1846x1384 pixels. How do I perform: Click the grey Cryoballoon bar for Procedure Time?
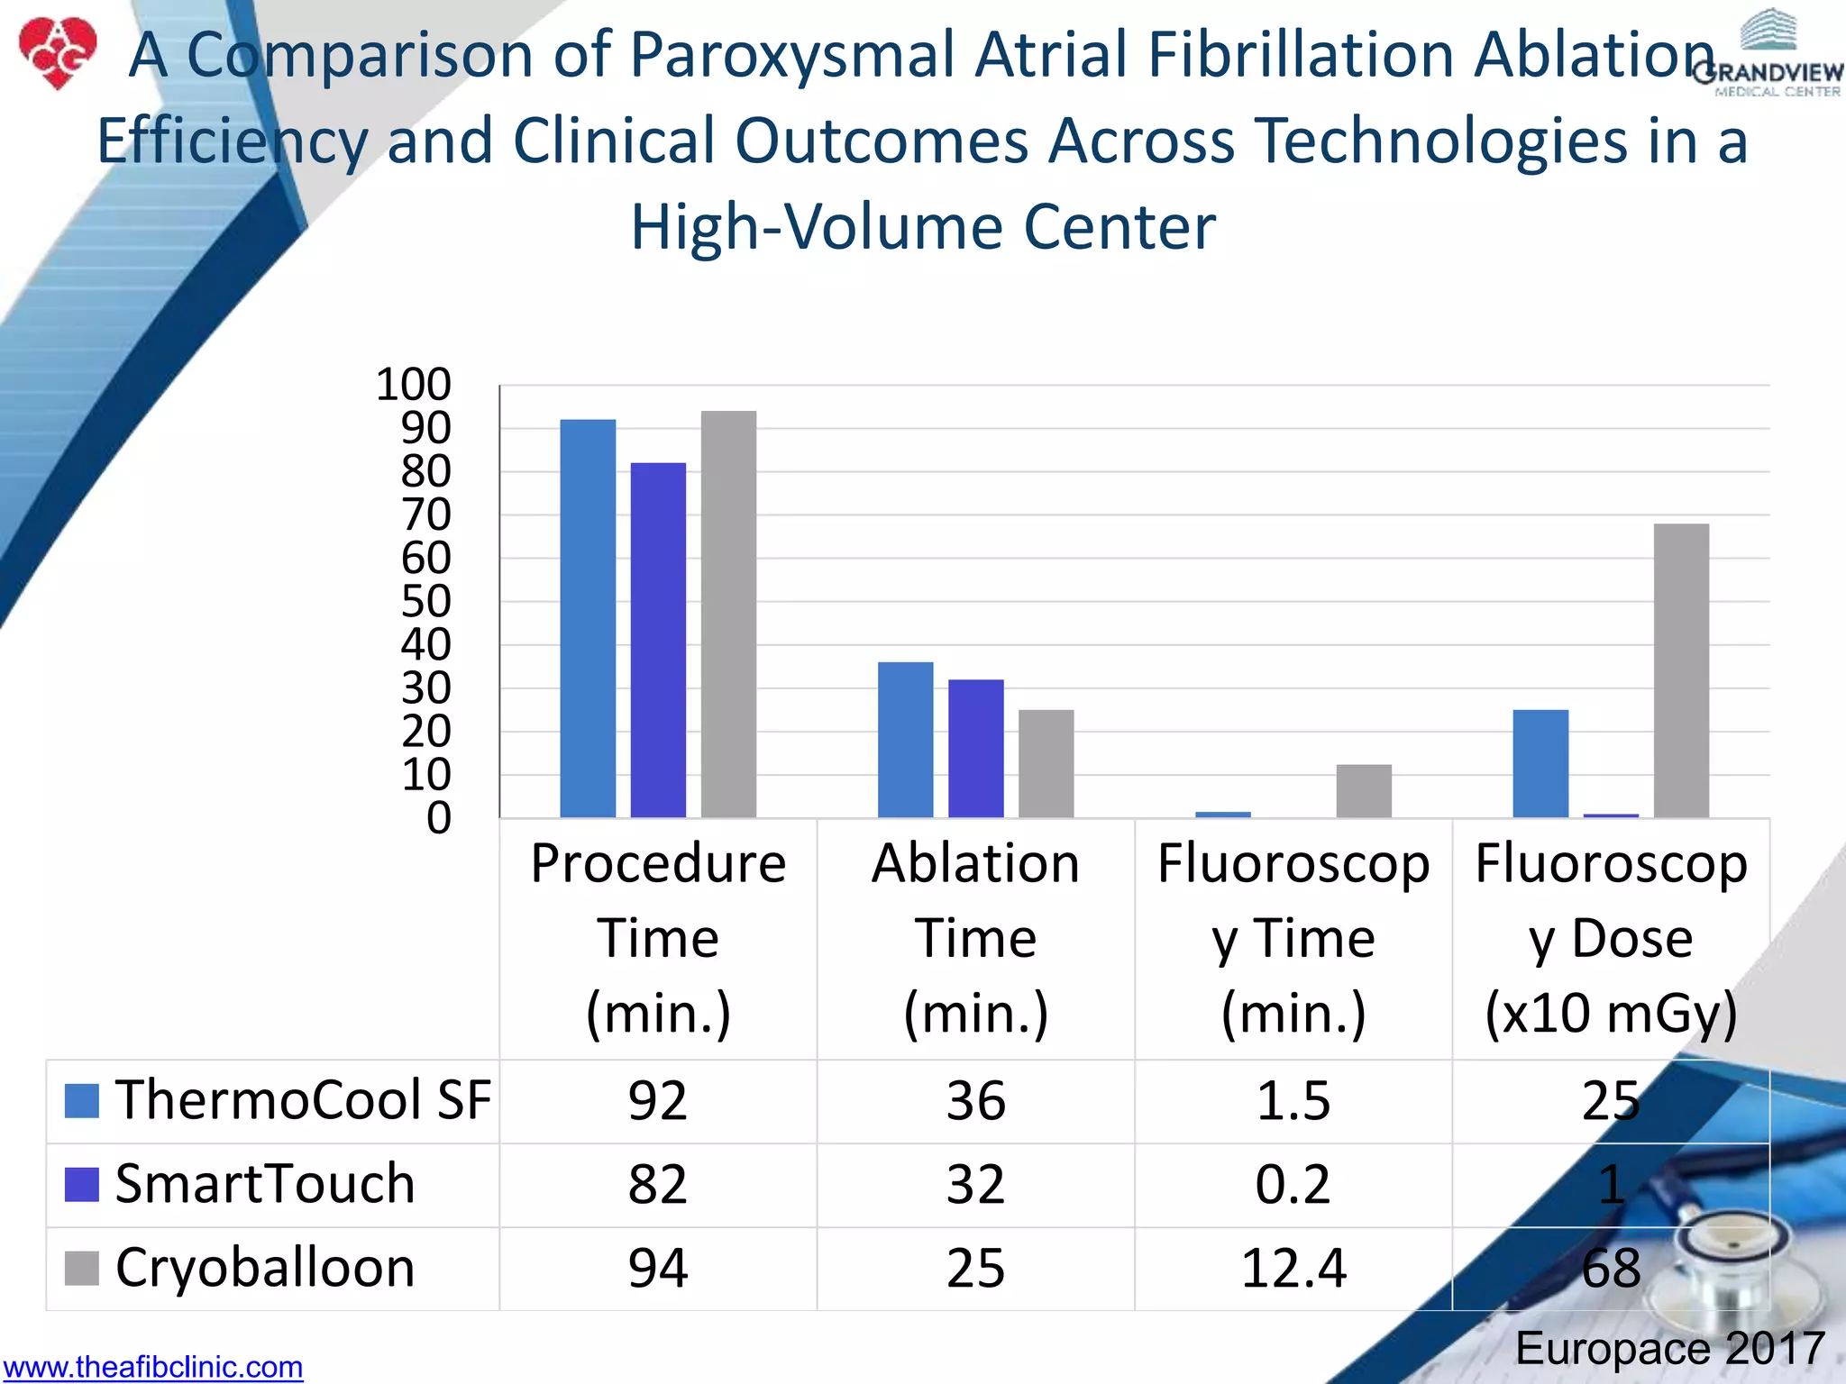pyautogui.click(x=728, y=615)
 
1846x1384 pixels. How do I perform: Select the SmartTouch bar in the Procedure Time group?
pyautogui.click(x=658, y=640)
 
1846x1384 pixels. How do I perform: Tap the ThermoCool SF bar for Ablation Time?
pyautogui.click(x=905, y=740)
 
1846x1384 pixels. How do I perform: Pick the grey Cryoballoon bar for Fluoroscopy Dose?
pyautogui.click(x=1681, y=670)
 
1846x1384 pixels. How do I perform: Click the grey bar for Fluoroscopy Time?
pyautogui.click(x=1364, y=791)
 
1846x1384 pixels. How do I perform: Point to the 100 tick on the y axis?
pyautogui.click(x=414, y=385)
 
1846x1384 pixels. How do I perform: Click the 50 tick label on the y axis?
pyautogui.click(x=425, y=602)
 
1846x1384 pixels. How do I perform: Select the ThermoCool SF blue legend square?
pyautogui.click(x=82, y=1100)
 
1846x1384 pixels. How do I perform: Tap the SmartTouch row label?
pyautogui.click(x=265, y=1184)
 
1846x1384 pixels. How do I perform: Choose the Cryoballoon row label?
pyautogui.click(x=265, y=1268)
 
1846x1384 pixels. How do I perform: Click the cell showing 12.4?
pyautogui.click(x=1293, y=1269)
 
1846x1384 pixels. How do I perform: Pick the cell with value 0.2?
pyautogui.click(x=1293, y=1184)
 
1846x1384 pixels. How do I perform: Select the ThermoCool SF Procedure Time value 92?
pyautogui.click(x=658, y=1100)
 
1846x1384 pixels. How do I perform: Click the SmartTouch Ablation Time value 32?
pyautogui.click(x=975, y=1184)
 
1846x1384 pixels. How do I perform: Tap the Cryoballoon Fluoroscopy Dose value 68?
pyautogui.click(x=1611, y=1269)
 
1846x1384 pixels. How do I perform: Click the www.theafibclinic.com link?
pyautogui.click(x=153, y=1367)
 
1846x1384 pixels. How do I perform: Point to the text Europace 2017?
pyautogui.click(x=1669, y=1349)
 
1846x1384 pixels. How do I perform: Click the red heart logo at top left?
pyautogui.click(x=58, y=52)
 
